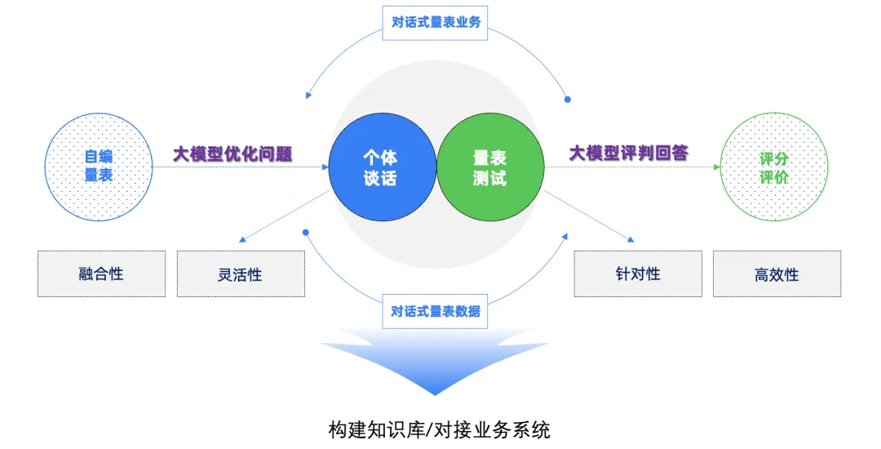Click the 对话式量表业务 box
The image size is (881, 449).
435,23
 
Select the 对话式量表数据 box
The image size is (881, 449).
435,311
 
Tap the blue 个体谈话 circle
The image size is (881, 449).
382,167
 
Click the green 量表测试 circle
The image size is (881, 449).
490,167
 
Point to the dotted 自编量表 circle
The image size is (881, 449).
99,167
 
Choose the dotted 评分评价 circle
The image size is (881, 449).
774,167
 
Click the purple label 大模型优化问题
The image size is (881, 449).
232,153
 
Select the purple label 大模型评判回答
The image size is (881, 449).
629,153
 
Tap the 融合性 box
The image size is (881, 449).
102,273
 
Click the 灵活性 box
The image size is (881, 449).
241,273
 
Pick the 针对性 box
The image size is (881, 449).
638,273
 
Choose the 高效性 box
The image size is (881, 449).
777,273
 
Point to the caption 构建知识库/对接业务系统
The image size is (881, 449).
440,430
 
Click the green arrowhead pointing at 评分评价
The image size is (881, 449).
717,167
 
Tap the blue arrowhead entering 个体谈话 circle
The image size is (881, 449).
325,167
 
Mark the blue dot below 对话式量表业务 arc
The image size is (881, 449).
568,100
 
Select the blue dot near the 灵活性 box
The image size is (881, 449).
306,232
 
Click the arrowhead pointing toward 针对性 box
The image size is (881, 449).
631,239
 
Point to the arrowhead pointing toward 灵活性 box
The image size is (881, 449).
242,239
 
